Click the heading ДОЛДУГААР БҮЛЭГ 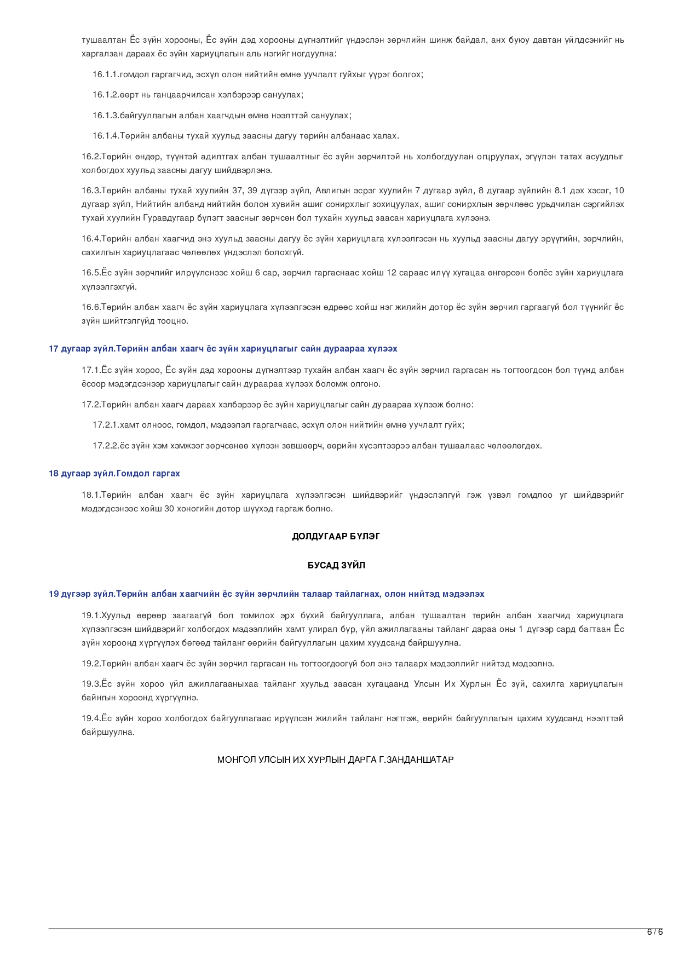[336, 536]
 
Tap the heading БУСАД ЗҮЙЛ [336, 565]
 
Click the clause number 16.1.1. [105, 74]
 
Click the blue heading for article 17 [223, 349]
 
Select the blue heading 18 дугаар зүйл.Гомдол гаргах [114, 473]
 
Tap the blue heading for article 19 [266, 594]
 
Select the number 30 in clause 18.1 [169, 509]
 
